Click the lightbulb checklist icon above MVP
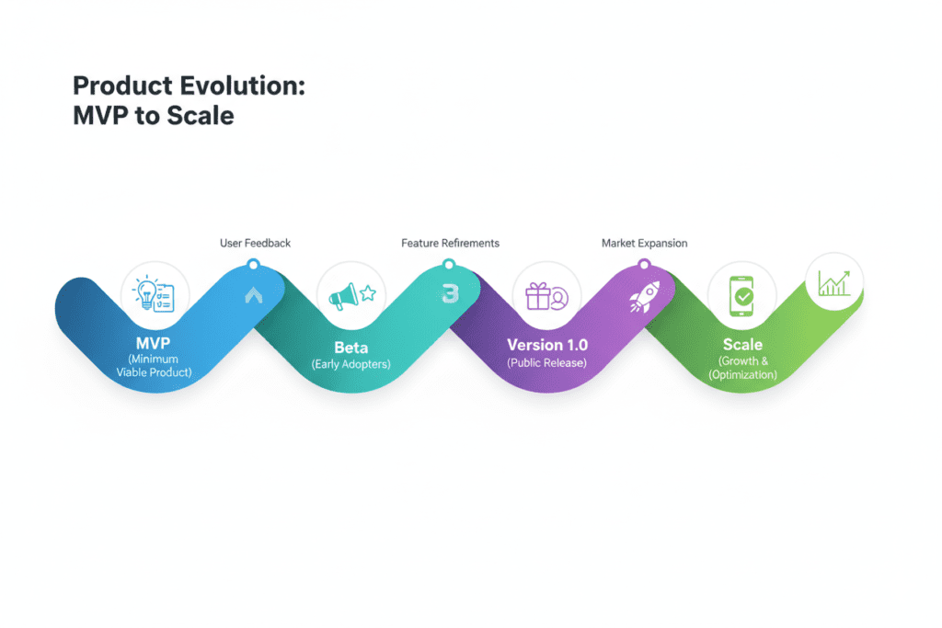(x=155, y=295)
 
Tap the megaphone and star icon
(x=350, y=295)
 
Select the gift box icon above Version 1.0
(x=546, y=295)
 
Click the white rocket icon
(x=641, y=298)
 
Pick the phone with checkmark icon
(x=742, y=296)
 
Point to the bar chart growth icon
(x=834, y=282)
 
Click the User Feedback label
(x=255, y=243)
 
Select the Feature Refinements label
(x=450, y=243)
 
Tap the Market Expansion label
(x=644, y=243)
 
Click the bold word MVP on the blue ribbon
(x=154, y=341)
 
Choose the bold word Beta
(x=351, y=348)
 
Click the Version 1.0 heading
(x=546, y=345)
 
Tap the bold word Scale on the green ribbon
(x=742, y=345)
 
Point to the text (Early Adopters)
(x=351, y=364)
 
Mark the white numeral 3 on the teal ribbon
(x=450, y=293)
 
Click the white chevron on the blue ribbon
(x=254, y=295)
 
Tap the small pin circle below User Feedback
(x=254, y=266)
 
